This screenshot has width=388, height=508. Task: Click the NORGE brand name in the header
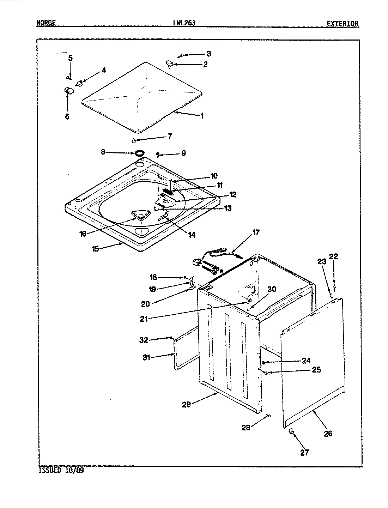click(46, 23)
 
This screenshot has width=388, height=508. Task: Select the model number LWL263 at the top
click(182, 23)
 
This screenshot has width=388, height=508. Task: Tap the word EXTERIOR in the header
click(342, 24)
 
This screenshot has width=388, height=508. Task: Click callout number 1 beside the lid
click(202, 115)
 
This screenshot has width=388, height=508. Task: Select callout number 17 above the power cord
click(256, 232)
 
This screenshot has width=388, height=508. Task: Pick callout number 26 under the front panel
click(328, 434)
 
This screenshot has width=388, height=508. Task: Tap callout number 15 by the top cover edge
click(96, 248)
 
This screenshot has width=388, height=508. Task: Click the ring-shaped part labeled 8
click(140, 153)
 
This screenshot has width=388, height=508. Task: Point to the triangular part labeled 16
click(139, 216)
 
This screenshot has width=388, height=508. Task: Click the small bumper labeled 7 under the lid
click(134, 141)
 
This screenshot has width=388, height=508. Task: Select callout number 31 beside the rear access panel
click(146, 357)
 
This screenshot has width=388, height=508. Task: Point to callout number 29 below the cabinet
click(186, 405)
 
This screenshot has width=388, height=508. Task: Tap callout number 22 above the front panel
click(333, 256)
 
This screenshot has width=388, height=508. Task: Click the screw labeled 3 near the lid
click(181, 55)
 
